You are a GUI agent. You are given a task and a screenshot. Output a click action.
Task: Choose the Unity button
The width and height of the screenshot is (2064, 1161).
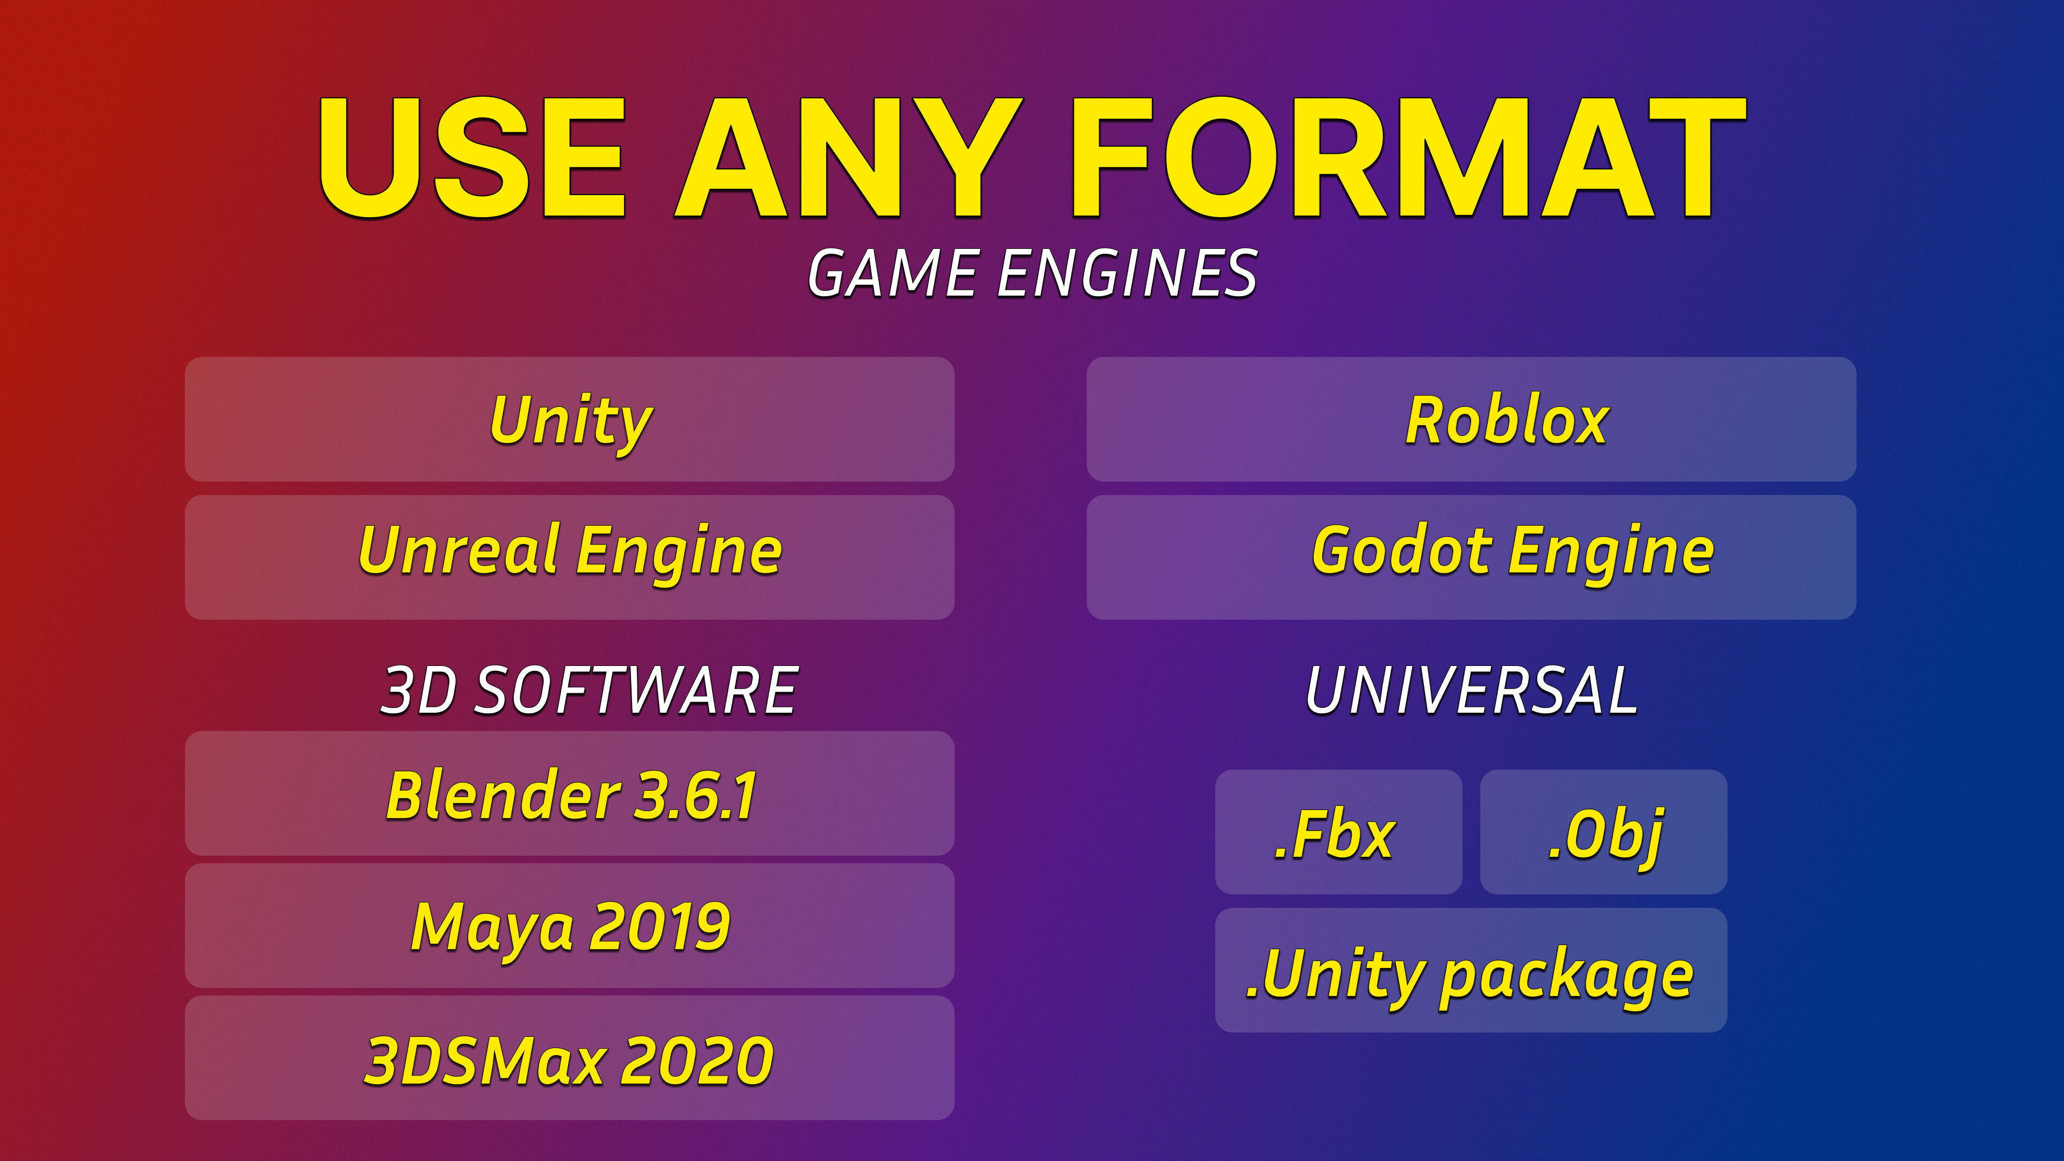point(570,419)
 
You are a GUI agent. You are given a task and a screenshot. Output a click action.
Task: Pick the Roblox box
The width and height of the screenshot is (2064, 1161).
point(1471,419)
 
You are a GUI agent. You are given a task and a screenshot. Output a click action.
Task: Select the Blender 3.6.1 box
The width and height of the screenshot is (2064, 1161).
point(570,793)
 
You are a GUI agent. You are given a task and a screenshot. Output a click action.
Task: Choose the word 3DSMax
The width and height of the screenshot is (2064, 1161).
point(485,1060)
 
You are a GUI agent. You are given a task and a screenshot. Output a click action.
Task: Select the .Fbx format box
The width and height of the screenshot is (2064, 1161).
point(1338,832)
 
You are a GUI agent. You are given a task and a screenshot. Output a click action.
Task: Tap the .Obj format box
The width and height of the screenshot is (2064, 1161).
point(1603,832)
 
